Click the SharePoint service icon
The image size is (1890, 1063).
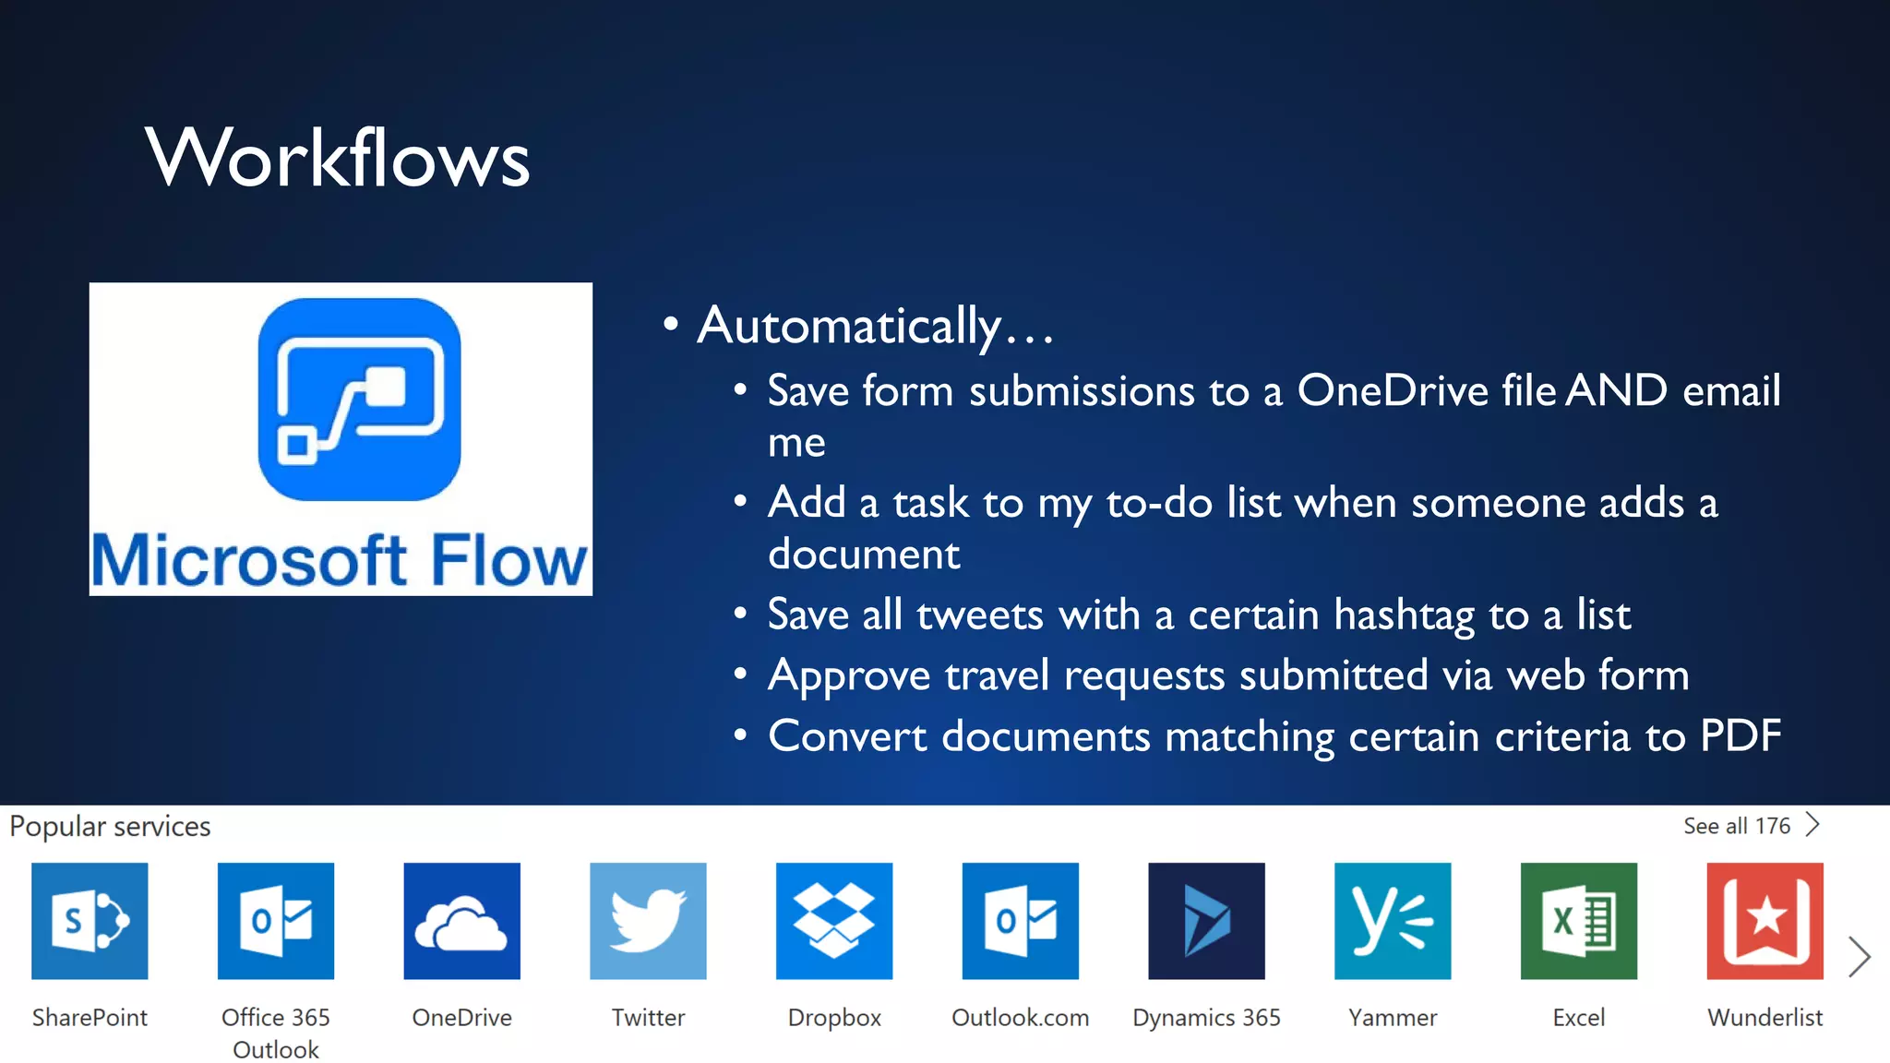pos(90,920)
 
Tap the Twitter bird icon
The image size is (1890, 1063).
pos(648,920)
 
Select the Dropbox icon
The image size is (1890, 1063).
pos(834,920)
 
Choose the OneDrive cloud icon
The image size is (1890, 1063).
pos(461,920)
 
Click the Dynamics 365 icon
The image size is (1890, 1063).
pos(1206,920)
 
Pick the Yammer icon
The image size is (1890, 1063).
pos(1393,920)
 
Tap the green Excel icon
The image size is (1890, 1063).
pos(1579,920)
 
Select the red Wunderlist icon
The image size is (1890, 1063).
pos(1764,920)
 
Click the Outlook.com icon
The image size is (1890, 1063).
pos(1020,920)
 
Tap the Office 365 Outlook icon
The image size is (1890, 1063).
pos(276,920)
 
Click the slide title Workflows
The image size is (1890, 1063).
pos(338,158)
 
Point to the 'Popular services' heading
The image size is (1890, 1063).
pos(110,826)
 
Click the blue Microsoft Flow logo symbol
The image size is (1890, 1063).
pos(359,399)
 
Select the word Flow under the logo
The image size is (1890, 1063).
pos(508,560)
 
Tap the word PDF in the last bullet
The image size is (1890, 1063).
pos(1740,736)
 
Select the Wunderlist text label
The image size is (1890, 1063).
pos(1764,1017)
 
